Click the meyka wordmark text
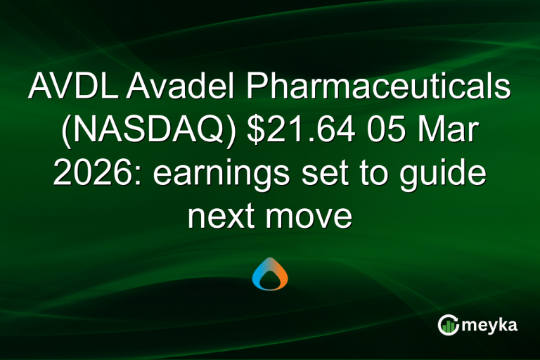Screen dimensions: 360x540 493,324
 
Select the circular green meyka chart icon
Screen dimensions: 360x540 448,324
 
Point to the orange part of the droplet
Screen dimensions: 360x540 279,271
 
